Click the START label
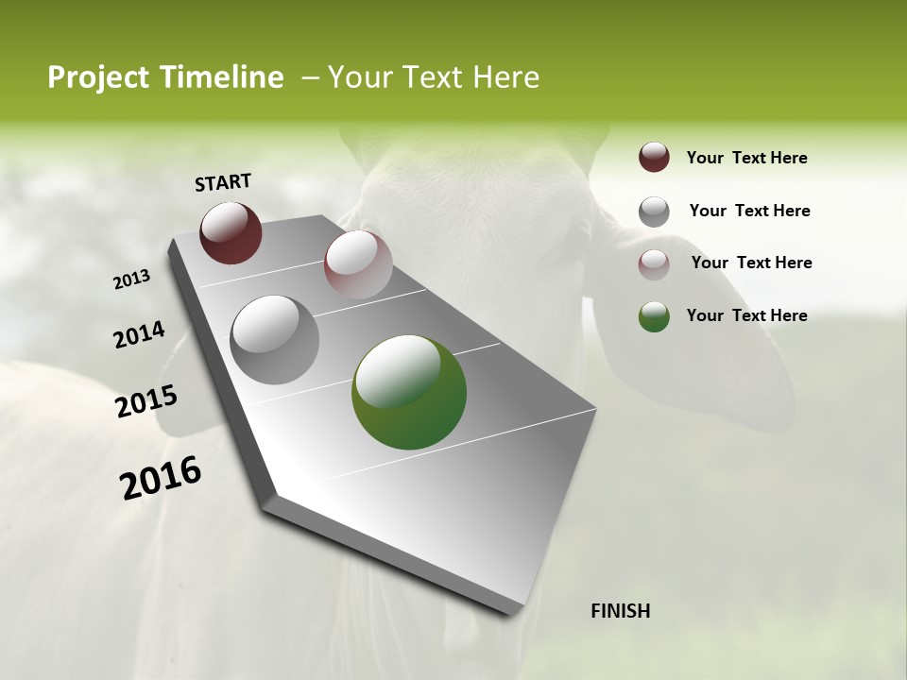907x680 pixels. [x=223, y=181]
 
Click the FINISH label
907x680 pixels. [x=620, y=611]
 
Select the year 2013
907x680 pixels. [x=131, y=280]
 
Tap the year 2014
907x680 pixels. [x=139, y=335]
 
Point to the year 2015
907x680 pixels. [x=146, y=401]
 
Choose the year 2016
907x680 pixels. [x=161, y=478]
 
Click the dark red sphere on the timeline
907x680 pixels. [x=231, y=232]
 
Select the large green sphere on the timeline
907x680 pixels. [x=409, y=392]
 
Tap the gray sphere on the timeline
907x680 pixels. [x=274, y=339]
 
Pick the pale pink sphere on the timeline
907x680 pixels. [x=358, y=264]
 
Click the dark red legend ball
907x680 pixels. [x=654, y=158]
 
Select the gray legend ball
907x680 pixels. [x=654, y=212]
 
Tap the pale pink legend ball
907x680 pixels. [x=654, y=264]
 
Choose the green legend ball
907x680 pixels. [x=654, y=316]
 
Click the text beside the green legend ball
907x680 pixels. [x=746, y=315]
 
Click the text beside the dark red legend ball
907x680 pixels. [x=746, y=158]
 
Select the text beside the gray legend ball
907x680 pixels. [x=749, y=211]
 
